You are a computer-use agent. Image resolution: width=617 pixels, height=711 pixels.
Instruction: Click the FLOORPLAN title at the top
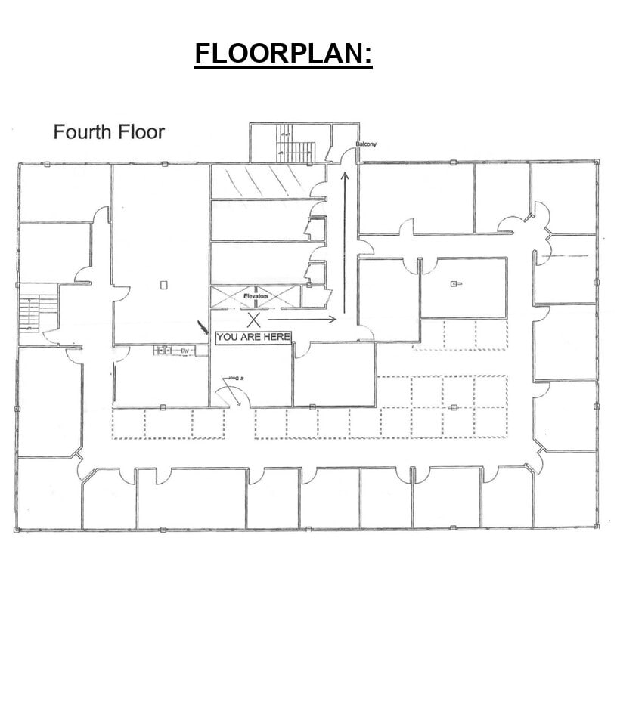click(x=284, y=54)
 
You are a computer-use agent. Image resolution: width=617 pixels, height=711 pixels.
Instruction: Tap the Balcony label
click(x=366, y=144)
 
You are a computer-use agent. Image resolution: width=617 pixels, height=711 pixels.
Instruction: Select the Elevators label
click(x=256, y=296)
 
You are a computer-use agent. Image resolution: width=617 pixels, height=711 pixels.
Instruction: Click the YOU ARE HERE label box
click(x=253, y=337)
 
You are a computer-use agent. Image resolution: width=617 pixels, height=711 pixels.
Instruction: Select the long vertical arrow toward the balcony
click(x=345, y=242)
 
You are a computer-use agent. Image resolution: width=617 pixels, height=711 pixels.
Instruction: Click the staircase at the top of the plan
click(x=287, y=142)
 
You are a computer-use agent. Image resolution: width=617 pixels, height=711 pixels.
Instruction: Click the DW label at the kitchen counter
click(x=184, y=351)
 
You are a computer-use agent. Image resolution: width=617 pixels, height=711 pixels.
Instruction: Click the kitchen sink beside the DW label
click(x=162, y=351)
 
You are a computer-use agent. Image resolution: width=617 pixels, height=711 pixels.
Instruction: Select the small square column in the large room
click(x=163, y=285)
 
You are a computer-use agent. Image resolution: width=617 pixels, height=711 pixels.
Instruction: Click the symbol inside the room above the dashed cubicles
click(x=455, y=284)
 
